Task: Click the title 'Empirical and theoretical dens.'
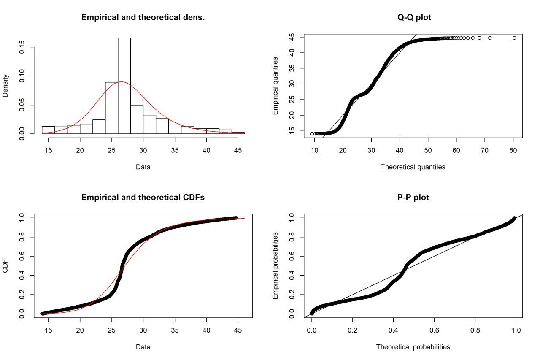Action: tap(143, 18)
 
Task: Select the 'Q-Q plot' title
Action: tap(413, 18)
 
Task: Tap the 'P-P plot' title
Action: tap(413, 198)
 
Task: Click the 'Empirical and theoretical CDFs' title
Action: tap(143, 198)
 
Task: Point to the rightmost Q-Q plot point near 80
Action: tap(514, 38)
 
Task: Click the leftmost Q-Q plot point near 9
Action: tap(312, 134)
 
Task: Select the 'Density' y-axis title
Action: tap(5, 86)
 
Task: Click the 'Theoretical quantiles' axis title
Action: tap(413, 167)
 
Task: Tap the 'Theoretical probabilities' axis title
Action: tap(413, 347)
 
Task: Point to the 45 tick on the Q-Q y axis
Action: tap(291, 37)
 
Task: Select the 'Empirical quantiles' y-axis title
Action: tap(275, 86)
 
